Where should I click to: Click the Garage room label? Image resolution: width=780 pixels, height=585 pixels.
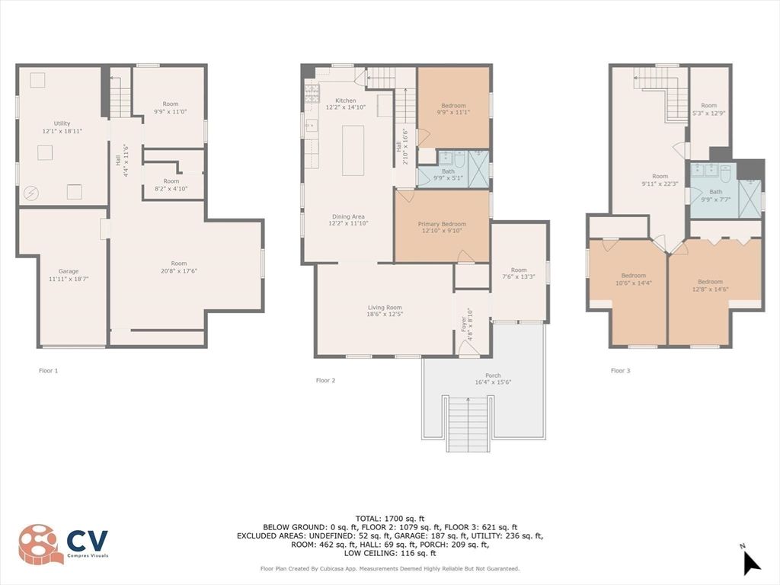[x=69, y=275]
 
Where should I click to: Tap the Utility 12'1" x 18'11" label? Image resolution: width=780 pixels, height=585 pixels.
[x=62, y=127]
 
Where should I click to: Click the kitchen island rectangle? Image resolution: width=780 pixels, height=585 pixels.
[x=353, y=150]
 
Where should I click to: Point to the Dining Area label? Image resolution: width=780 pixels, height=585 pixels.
[x=346, y=219]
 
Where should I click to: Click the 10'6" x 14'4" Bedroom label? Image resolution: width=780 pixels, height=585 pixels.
[x=633, y=279]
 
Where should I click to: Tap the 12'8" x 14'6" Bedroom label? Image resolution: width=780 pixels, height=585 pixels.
[x=710, y=285]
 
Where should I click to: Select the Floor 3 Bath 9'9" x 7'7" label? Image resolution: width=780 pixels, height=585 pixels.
[x=715, y=196]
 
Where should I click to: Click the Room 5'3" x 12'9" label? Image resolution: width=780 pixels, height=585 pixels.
[x=708, y=109]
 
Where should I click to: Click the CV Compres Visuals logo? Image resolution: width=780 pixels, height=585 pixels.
[x=64, y=543]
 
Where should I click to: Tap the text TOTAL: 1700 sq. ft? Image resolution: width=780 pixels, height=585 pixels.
[x=389, y=518]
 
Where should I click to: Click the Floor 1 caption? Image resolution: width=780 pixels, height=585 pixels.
[x=48, y=371]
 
